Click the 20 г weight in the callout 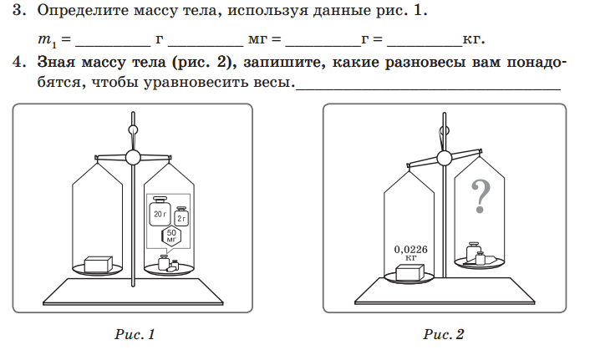160,213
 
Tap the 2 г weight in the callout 181,217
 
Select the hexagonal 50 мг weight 170,236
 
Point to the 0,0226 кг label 410,252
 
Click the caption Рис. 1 135,335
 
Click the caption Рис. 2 444,335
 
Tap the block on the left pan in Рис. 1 99,263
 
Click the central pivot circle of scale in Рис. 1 133,156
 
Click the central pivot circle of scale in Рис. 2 444,158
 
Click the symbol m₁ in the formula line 46,40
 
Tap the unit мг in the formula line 257,39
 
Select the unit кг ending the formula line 474,39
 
